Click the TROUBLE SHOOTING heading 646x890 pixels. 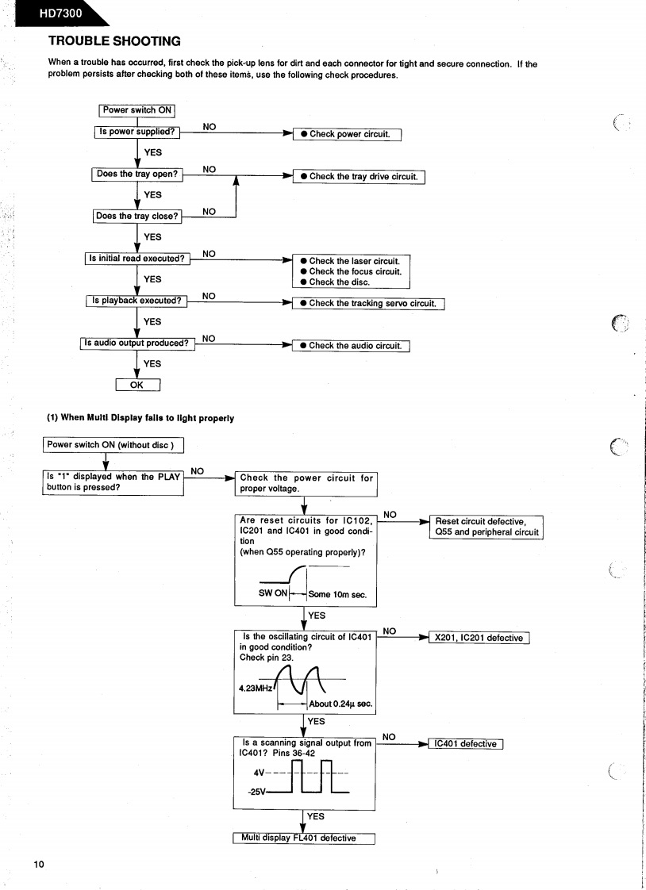point(114,40)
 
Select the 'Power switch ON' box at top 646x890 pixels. point(137,110)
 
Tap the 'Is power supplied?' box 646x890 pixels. point(137,132)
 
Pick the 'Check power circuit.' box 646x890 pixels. point(348,134)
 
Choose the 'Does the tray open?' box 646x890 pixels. point(137,174)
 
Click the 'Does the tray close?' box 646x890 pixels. point(137,216)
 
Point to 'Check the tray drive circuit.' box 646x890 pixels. point(360,176)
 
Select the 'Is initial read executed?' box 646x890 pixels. point(137,258)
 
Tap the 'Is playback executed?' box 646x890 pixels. point(137,301)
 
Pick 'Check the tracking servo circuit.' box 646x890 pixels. point(369,303)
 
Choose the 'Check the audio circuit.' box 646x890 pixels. point(352,345)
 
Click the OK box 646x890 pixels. point(138,386)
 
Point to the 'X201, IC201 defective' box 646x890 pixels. point(479,638)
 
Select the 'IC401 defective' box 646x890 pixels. point(465,743)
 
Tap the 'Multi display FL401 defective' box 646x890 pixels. point(303,838)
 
